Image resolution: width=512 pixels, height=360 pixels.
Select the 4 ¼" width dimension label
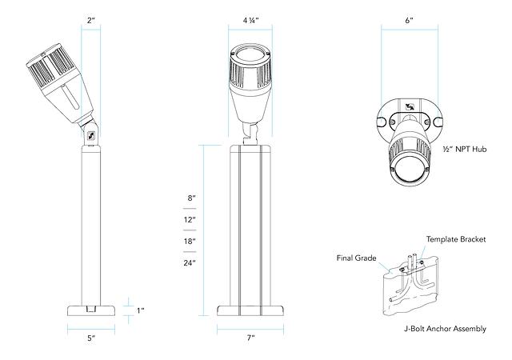coord(250,18)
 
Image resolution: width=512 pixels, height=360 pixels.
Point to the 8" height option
coord(190,197)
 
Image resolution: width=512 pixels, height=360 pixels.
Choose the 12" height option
coord(190,218)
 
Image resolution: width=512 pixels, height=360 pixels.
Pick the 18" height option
coord(190,241)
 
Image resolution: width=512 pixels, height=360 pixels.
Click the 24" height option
coord(190,262)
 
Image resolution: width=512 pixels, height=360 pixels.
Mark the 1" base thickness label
coord(140,310)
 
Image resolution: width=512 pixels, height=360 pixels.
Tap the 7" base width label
coord(250,339)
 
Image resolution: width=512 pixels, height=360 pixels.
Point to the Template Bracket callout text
coord(457,239)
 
